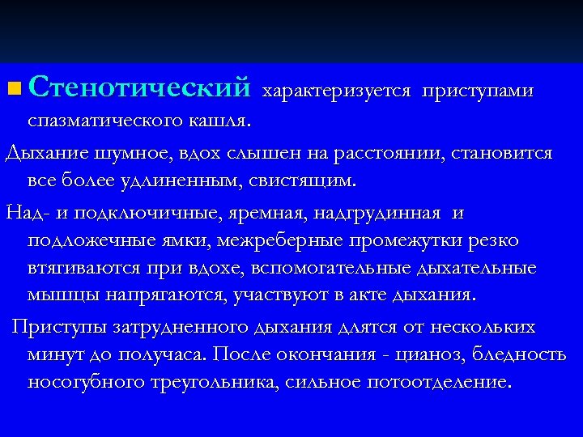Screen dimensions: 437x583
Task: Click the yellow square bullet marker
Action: click(15, 87)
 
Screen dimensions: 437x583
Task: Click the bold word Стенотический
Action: click(141, 86)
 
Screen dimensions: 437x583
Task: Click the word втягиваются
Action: click(85, 268)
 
